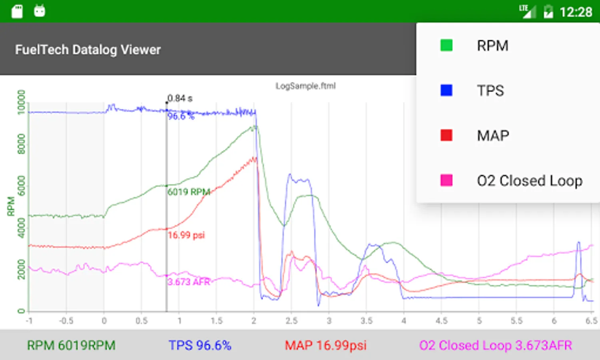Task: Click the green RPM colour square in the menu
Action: tap(446, 45)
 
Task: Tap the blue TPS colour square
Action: tap(446, 90)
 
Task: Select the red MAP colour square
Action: tap(446, 136)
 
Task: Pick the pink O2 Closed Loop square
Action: tap(446, 180)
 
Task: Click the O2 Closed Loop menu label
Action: tap(529, 181)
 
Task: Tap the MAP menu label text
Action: tap(492, 136)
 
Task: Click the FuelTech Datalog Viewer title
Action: tap(88, 50)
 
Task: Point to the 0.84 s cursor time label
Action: tap(180, 98)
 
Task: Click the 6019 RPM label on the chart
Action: tap(189, 192)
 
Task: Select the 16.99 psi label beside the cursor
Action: tap(186, 235)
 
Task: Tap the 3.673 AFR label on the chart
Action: tap(189, 282)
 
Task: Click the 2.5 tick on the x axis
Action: tap(291, 321)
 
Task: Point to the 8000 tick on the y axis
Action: tap(21, 144)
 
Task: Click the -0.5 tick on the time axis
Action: tap(66, 321)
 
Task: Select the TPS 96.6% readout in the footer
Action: tap(200, 345)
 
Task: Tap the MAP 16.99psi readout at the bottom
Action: tap(325, 345)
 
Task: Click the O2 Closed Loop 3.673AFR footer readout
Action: tap(495, 345)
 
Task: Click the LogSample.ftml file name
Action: tap(305, 86)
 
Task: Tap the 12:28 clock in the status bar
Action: tap(576, 12)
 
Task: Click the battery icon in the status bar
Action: tap(548, 12)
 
